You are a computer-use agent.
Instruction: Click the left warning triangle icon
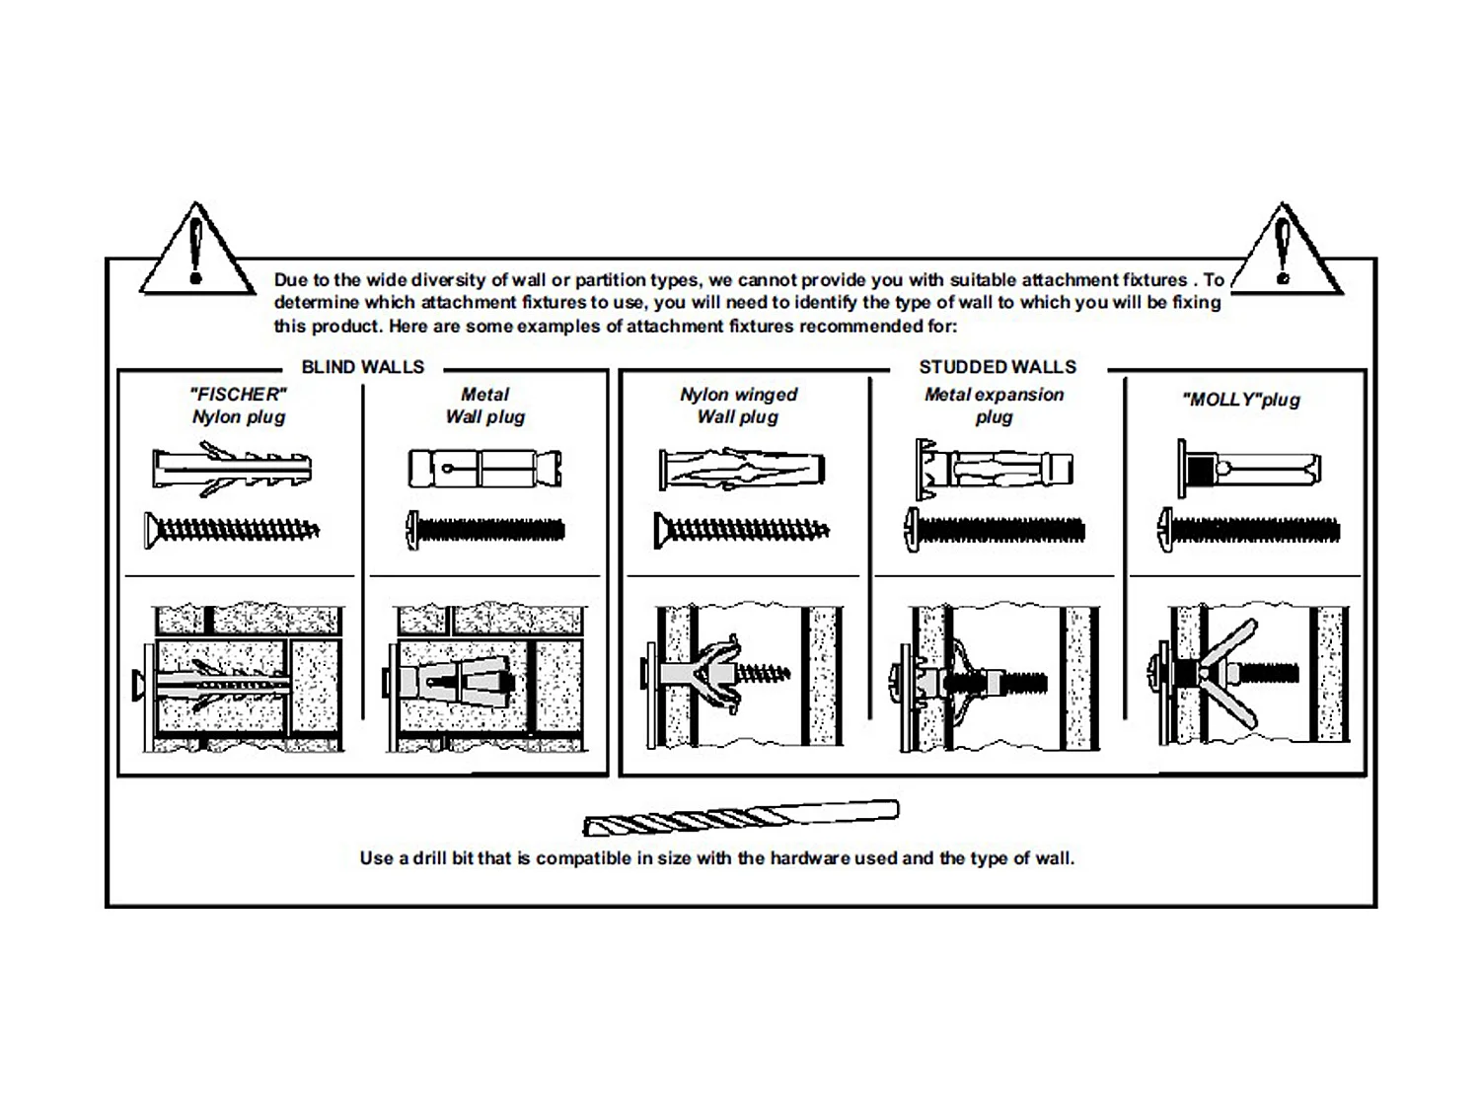coord(196,253)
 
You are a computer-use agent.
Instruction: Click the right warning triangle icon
coord(1285,253)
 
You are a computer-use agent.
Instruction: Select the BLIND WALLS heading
coord(362,367)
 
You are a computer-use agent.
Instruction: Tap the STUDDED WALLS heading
coord(997,367)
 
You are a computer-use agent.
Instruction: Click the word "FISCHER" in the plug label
coord(239,394)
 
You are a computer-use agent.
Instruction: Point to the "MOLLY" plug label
coord(1240,400)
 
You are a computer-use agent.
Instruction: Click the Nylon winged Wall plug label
coord(738,406)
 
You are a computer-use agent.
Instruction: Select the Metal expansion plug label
coord(994,406)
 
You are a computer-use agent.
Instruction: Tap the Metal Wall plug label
coord(484,406)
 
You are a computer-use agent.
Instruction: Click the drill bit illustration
coord(740,818)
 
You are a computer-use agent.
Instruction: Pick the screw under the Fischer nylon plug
coord(232,530)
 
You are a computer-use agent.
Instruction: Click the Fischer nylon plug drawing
coord(232,469)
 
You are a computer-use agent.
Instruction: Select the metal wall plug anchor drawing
coord(484,468)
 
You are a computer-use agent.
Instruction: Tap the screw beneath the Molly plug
coord(1249,530)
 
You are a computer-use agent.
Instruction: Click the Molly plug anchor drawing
coord(1248,468)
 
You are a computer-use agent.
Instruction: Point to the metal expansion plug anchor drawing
coord(994,467)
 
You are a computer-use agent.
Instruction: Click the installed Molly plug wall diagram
coord(1249,675)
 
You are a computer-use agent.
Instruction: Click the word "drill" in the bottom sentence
coord(429,858)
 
